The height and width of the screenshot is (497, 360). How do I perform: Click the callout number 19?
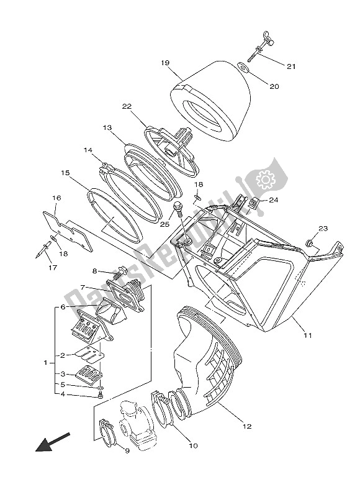[x=164, y=63]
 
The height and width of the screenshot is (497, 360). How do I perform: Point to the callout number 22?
[x=127, y=106]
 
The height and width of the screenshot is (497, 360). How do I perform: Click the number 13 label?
[x=107, y=127]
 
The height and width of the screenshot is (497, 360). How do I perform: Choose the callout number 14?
[x=88, y=150]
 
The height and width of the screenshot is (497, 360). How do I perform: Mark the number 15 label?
[x=65, y=173]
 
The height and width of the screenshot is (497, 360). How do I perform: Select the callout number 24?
[x=274, y=200]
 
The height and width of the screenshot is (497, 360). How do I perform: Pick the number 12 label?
[x=246, y=426]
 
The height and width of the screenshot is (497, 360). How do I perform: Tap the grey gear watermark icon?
[x=266, y=180]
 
